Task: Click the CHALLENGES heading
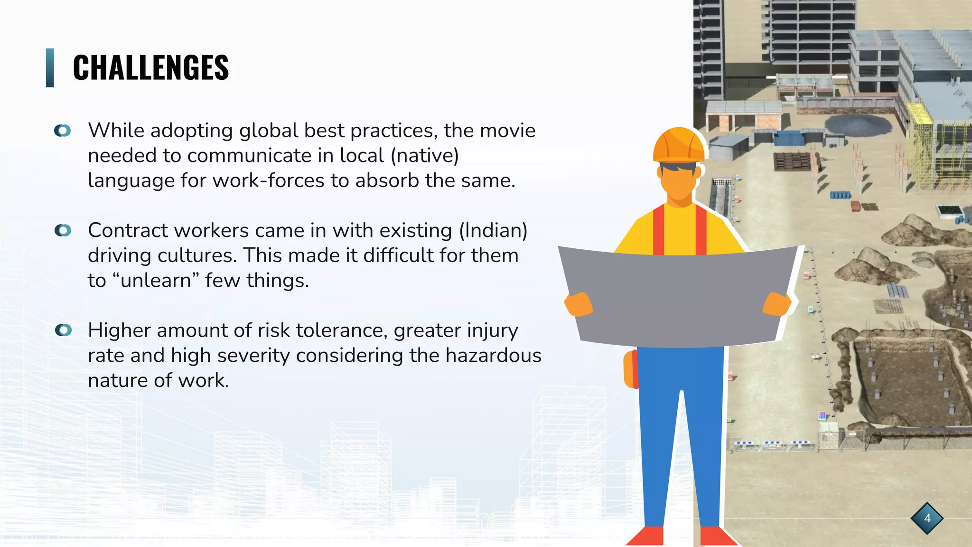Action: click(x=150, y=67)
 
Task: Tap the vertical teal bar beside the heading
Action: click(x=50, y=67)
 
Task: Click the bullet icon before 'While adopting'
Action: click(x=62, y=131)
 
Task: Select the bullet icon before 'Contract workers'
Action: click(x=62, y=230)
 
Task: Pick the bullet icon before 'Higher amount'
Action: click(x=63, y=330)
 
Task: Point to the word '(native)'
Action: click(x=424, y=156)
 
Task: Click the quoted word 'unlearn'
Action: click(x=156, y=281)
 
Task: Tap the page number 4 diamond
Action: click(x=927, y=518)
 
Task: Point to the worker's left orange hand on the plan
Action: click(x=579, y=304)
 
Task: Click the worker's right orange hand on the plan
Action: click(x=777, y=304)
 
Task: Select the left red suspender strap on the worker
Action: click(x=658, y=230)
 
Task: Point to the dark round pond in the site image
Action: click(x=858, y=124)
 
